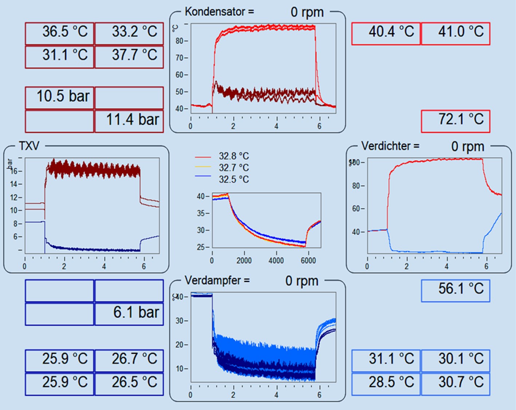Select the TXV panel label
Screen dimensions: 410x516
[x=29, y=146]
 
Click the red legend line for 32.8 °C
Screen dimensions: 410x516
[x=203, y=157]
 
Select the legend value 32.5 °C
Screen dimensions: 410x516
[x=234, y=179]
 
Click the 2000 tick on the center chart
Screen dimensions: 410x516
[x=244, y=261]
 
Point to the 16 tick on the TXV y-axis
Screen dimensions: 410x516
[x=14, y=171]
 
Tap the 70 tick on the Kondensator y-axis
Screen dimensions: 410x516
[x=180, y=58]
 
